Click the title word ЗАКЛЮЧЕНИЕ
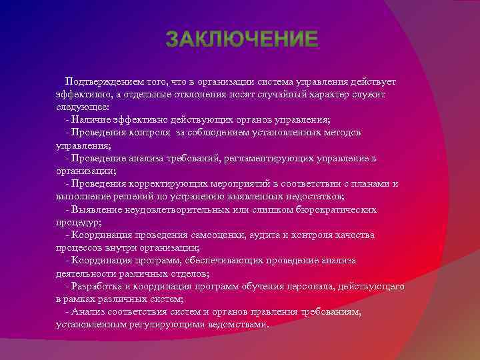tap(242, 39)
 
